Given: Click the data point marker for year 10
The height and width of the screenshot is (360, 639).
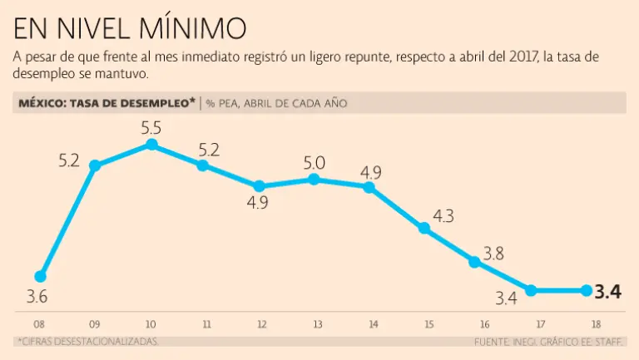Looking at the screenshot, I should tap(151, 144).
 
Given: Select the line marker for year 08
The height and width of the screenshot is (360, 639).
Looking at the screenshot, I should tap(40, 276).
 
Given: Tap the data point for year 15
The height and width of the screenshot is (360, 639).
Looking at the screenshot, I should tap(424, 227).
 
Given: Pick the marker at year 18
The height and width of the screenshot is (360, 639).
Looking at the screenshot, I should tap(586, 290).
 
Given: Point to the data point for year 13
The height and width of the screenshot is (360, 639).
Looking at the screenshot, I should tap(314, 179).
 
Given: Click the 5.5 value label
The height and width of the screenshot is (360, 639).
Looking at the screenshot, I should tap(151, 128).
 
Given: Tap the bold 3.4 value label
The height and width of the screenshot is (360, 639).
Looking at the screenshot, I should tap(610, 291).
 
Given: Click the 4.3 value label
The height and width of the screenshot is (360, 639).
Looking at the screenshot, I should tap(443, 216).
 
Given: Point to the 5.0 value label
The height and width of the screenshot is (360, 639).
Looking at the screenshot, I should tap(315, 162).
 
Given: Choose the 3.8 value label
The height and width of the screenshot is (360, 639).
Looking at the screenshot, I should tap(493, 254).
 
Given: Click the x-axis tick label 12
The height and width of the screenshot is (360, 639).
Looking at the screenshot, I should tap(260, 323).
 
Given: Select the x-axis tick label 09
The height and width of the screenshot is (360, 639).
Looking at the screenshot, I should tap(94, 323).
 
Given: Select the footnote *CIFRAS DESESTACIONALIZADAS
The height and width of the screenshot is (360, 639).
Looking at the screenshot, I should tap(87, 341).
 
